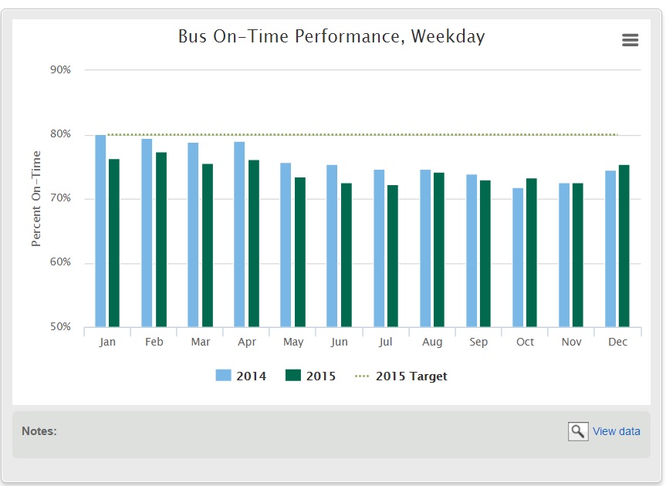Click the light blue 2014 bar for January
click(x=100, y=231)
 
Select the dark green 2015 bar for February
click(x=161, y=239)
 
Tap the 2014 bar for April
click(x=239, y=234)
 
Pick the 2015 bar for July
click(x=393, y=255)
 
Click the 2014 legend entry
click(x=241, y=376)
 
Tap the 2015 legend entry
click(x=310, y=376)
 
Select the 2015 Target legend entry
click(x=401, y=376)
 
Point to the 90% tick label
click(x=59, y=70)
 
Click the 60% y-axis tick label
click(x=59, y=263)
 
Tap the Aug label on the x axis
click(x=432, y=342)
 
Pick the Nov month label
click(x=571, y=342)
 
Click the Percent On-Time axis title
click(x=36, y=199)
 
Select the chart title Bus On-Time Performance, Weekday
click(x=331, y=36)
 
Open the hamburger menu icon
click(x=631, y=40)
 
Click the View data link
click(x=616, y=431)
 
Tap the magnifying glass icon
click(x=578, y=431)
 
